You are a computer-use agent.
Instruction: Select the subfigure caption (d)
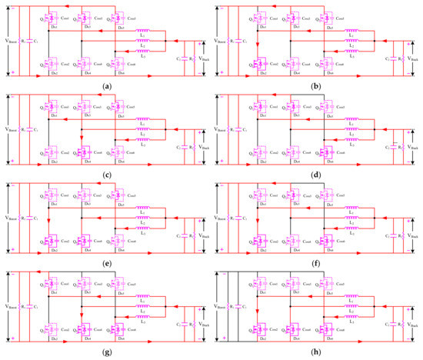[317, 174]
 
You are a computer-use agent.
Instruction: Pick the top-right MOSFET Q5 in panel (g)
[119, 283]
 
